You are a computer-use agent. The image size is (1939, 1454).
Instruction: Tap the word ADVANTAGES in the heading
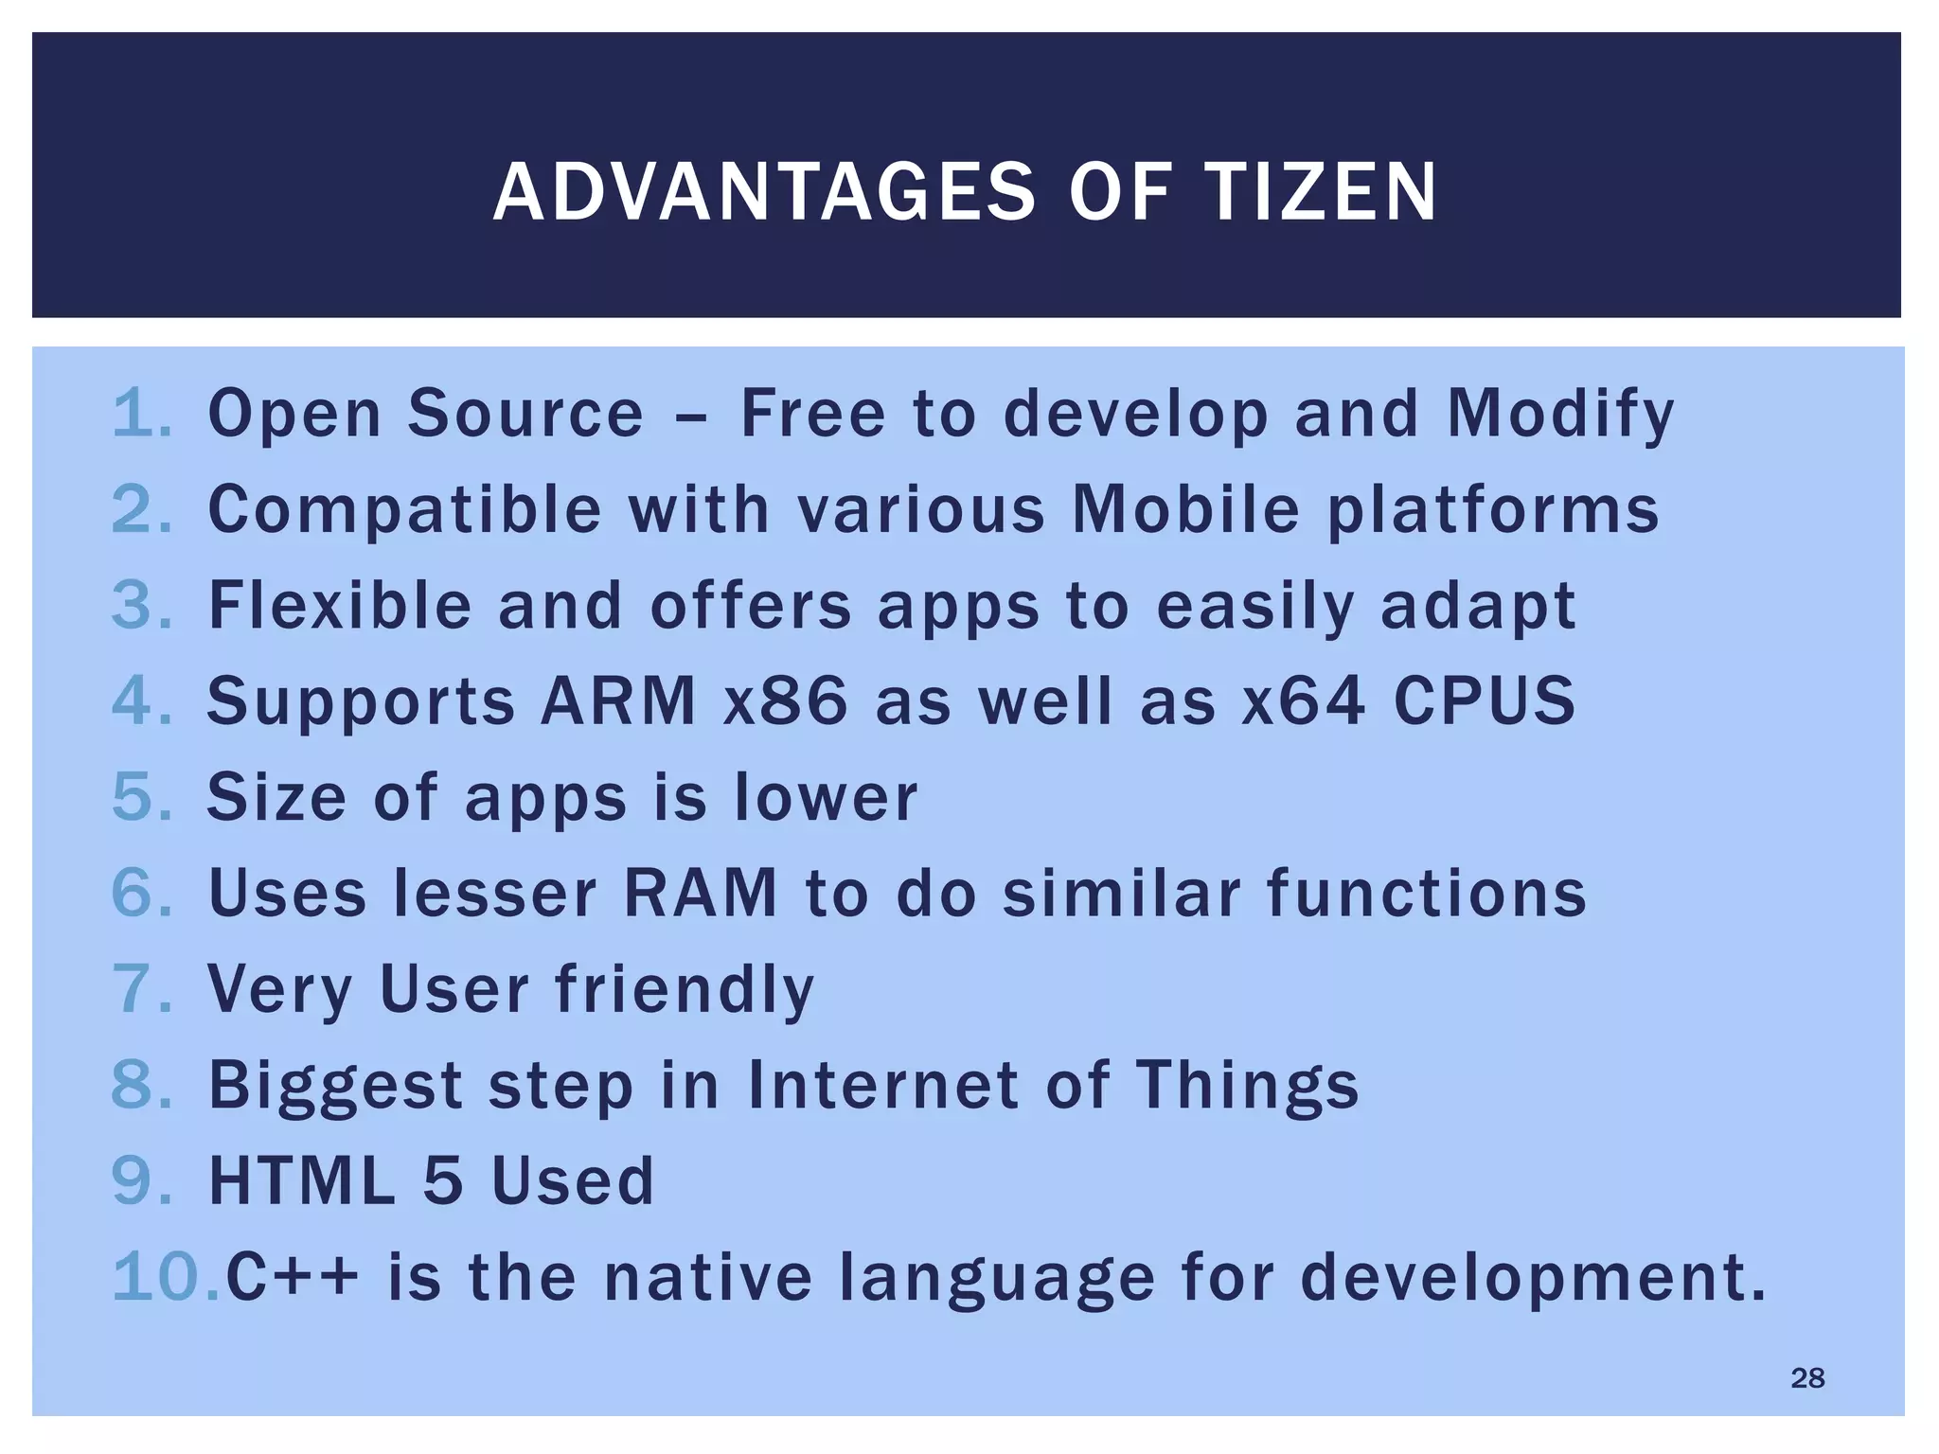764,193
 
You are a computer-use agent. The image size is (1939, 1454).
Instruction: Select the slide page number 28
1807,1378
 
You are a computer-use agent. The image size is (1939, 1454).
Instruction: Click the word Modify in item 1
1560,416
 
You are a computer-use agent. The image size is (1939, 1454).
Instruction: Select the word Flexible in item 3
340,606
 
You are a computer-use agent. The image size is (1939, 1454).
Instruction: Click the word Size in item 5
277,798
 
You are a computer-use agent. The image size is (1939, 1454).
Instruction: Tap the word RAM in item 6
700,894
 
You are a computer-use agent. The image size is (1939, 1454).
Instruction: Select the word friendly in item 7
685,990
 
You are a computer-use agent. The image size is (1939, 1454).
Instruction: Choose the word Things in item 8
1247,1086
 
